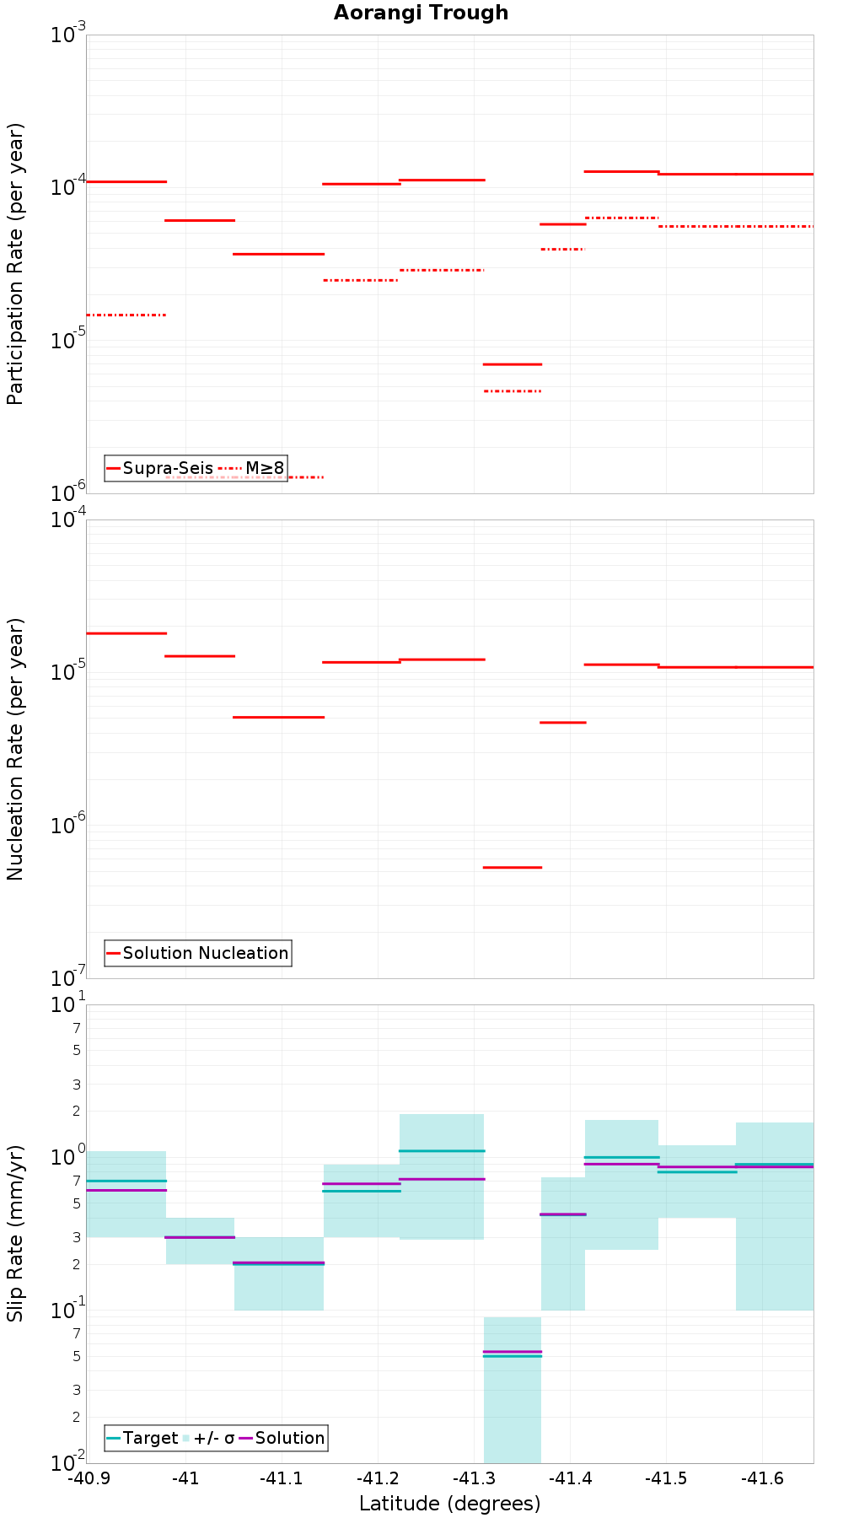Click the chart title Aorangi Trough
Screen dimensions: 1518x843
click(x=421, y=13)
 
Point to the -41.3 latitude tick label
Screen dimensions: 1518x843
click(x=473, y=1478)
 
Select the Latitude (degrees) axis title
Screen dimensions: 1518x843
click(x=449, y=1504)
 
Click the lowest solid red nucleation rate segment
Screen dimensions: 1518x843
click(x=513, y=867)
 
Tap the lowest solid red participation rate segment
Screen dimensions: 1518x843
click(x=513, y=364)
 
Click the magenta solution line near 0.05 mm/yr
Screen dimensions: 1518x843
click(x=513, y=1351)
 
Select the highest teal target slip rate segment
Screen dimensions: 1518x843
click(x=442, y=1150)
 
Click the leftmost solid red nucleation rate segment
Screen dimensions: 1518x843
click(x=126, y=632)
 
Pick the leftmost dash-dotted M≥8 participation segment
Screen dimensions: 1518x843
click(x=126, y=315)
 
